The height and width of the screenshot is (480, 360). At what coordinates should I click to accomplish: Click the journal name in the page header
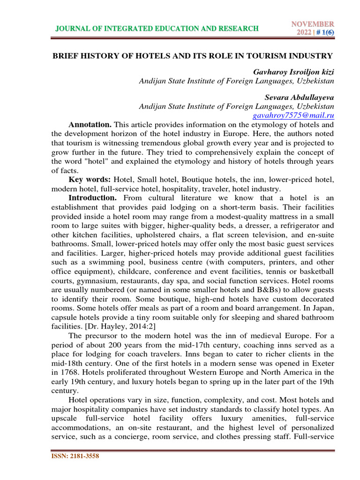[157, 29]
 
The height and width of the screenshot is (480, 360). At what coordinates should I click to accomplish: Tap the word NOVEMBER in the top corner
[313, 24]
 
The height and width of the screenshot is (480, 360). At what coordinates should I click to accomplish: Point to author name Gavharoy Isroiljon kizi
[293, 72]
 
